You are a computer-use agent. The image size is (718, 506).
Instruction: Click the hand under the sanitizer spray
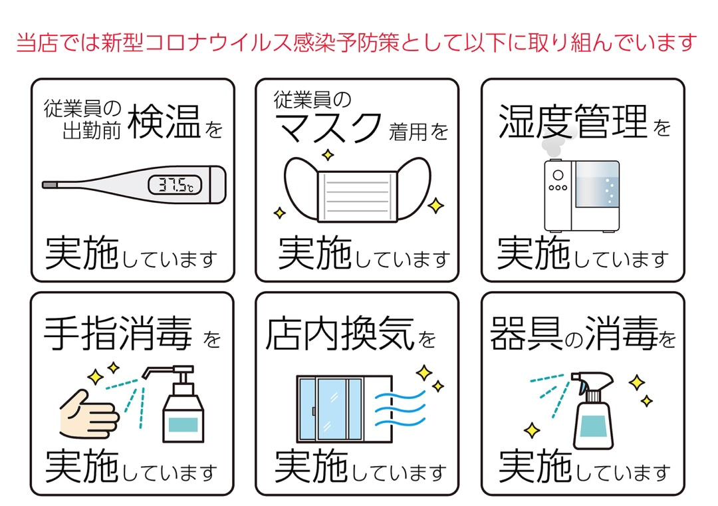(x=88, y=416)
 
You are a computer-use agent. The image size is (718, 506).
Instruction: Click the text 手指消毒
(x=118, y=334)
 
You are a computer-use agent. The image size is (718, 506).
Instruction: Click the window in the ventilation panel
(x=331, y=408)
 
